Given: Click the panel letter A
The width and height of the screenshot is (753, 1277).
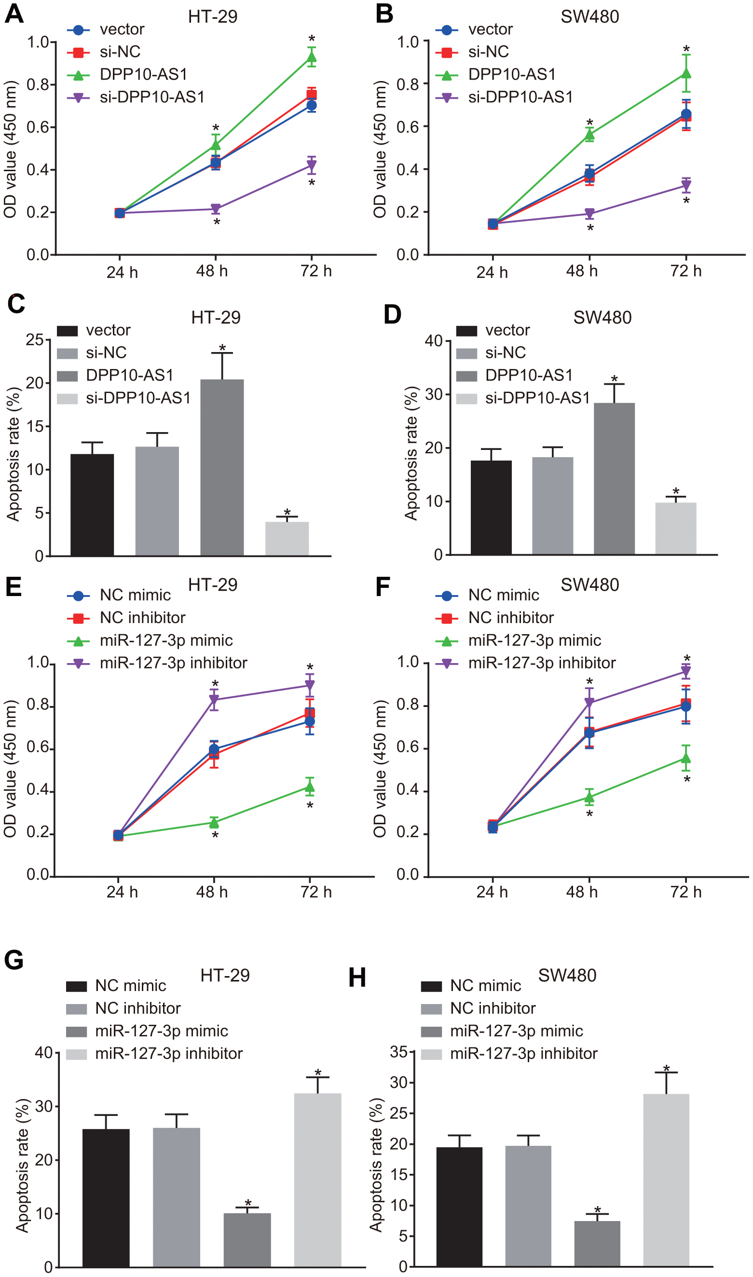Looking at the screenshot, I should coord(14,14).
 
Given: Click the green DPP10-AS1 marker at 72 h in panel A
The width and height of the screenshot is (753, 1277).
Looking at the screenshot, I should coord(312,57).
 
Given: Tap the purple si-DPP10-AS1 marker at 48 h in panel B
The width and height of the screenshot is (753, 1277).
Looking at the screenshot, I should coord(589,214).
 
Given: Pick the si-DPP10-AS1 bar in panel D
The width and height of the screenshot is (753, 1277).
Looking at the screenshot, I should coord(675,529).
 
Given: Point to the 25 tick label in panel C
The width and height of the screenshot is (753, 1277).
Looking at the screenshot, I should coord(35,340).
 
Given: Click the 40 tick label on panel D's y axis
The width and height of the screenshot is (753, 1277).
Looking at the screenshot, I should coord(434,341).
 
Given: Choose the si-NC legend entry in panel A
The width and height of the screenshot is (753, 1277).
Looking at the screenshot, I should coord(120,52).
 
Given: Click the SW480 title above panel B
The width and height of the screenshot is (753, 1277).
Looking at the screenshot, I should coord(589,17).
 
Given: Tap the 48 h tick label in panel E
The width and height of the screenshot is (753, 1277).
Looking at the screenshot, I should coord(212,892).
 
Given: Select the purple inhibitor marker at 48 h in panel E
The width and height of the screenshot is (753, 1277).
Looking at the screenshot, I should coord(214,700).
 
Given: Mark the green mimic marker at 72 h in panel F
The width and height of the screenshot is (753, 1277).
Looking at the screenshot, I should coord(686,758).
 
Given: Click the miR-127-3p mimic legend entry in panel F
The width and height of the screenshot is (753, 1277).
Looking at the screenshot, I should coord(534,640).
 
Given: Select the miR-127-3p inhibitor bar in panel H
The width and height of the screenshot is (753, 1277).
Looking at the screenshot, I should coord(666,1180).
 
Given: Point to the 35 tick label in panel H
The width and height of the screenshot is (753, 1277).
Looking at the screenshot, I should coord(399,1052).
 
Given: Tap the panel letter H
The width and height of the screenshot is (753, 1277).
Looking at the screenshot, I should coord(357,977).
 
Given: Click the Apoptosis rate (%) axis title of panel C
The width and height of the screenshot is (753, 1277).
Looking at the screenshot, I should coord(14,454).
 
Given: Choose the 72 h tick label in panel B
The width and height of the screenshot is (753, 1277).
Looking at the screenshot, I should coord(686,272).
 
